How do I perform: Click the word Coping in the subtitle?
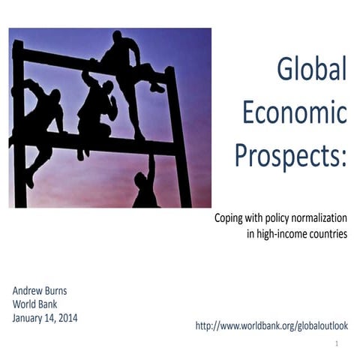(229, 217)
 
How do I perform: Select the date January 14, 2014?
(45, 318)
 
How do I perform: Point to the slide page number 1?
(337, 343)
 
